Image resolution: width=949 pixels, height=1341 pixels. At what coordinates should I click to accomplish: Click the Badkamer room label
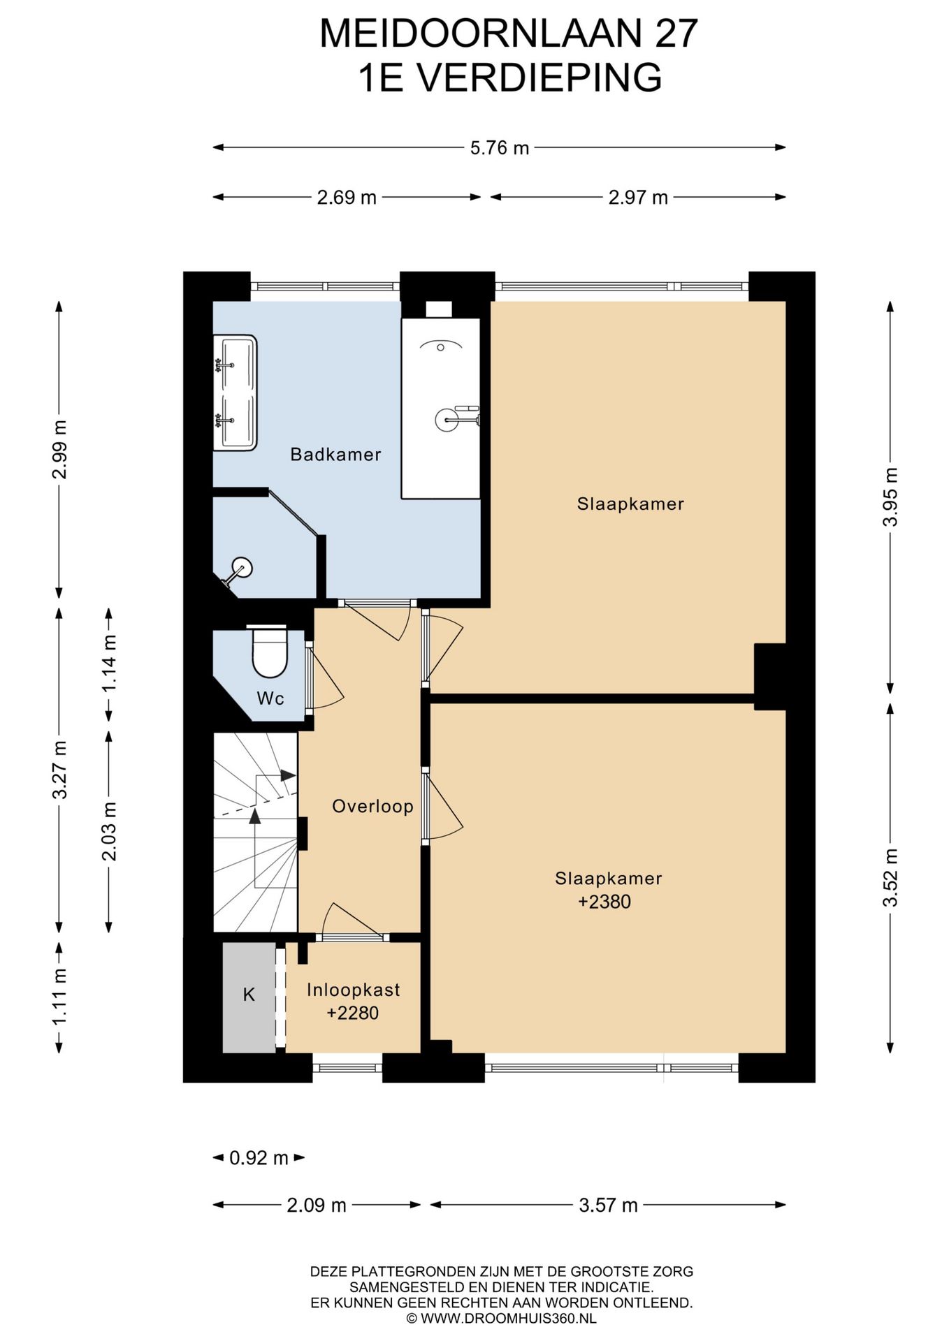pyautogui.click(x=335, y=455)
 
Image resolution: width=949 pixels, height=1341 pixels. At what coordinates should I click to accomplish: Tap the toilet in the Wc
pyautogui.click(x=269, y=651)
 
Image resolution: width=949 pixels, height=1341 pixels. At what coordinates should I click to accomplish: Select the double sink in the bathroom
pyautogui.click(x=235, y=393)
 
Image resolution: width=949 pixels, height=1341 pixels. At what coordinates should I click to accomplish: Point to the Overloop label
pyautogui.click(x=372, y=807)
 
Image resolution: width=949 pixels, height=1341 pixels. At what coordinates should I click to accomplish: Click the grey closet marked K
pyautogui.click(x=249, y=997)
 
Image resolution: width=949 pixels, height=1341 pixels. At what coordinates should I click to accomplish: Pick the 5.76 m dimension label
pyautogui.click(x=499, y=148)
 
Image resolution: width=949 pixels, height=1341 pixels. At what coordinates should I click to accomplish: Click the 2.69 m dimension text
pyautogui.click(x=347, y=198)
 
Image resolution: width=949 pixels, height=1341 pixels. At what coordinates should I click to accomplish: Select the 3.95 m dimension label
pyautogui.click(x=890, y=498)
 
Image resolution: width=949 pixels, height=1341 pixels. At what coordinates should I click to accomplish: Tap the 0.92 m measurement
pyautogui.click(x=259, y=1158)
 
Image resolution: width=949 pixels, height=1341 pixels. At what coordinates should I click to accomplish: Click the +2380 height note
pyautogui.click(x=604, y=902)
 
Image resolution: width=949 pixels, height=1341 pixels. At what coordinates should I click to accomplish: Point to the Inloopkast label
pyautogui.click(x=354, y=990)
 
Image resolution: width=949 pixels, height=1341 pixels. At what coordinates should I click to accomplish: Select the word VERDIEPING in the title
pyautogui.click(x=542, y=78)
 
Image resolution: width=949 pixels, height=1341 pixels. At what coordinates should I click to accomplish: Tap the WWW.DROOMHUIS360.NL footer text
pyautogui.click(x=508, y=1319)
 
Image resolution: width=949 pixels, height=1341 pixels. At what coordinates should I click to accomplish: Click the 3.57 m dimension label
pyautogui.click(x=608, y=1205)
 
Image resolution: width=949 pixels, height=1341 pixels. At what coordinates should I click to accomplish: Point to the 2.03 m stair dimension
pyautogui.click(x=109, y=831)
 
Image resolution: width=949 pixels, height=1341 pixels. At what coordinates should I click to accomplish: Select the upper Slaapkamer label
pyautogui.click(x=630, y=504)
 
